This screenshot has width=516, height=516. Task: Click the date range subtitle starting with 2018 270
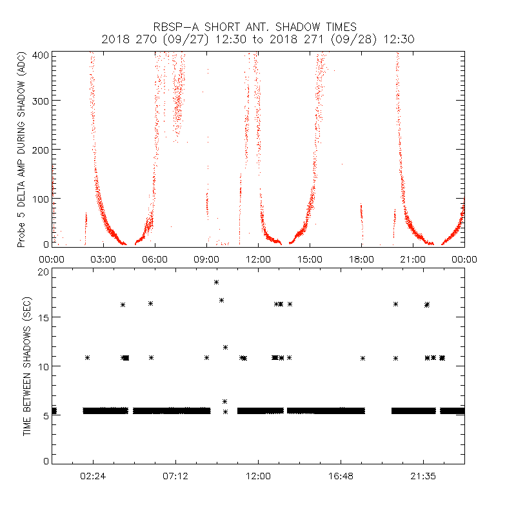pos(258,39)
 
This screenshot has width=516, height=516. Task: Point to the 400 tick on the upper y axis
pos(42,55)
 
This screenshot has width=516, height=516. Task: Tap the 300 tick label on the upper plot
pos(42,101)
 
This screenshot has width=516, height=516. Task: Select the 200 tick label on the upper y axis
pos(42,149)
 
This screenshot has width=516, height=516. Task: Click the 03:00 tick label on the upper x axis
pos(103,259)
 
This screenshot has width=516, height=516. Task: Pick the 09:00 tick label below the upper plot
pos(206,259)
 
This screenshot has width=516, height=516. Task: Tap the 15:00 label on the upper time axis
pos(310,259)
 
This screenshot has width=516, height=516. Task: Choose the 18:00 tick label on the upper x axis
pos(361,259)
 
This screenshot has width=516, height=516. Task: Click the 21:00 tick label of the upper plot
pos(413,259)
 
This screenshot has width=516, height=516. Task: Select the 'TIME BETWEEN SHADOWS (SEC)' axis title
pos(27,366)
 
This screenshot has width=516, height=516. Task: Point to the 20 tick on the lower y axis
pos(44,272)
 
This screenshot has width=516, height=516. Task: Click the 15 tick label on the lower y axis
pos(44,317)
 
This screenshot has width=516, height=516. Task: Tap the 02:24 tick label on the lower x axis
pos(94,475)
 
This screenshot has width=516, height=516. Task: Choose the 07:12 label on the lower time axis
pos(175,475)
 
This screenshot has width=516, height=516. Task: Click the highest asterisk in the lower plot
pos(217,282)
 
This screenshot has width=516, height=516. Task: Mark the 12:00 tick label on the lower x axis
pos(258,475)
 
